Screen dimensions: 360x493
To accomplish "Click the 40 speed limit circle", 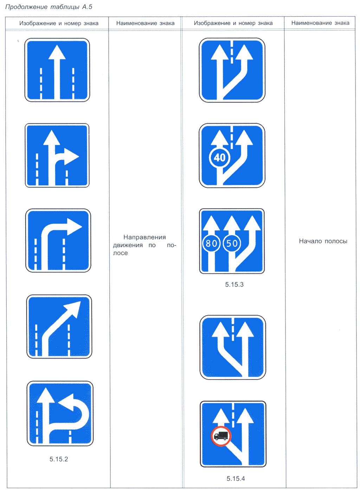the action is [x=219, y=158].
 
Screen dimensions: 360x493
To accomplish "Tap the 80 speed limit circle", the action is [x=211, y=243].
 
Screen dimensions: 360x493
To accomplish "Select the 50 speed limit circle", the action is [x=232, y=243].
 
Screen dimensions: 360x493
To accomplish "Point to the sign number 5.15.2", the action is [x=59, y=459].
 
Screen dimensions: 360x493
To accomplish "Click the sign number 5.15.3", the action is [x=234, y=284].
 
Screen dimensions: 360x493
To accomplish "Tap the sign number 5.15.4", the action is [x=236, y=479].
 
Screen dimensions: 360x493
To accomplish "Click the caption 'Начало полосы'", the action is [x=323, y=241].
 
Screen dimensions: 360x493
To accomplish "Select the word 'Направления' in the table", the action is [x=144, y=237].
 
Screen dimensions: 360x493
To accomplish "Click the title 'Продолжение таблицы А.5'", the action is [x=49, y=7].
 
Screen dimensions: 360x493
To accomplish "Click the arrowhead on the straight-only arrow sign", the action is [x=57, y=52].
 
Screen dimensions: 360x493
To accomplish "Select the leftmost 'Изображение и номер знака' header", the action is [x=59, y=23].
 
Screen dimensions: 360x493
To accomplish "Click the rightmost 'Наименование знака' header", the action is [x=320, y=23].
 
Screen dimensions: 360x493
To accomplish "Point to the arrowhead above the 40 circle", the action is [x=219, y=137].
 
